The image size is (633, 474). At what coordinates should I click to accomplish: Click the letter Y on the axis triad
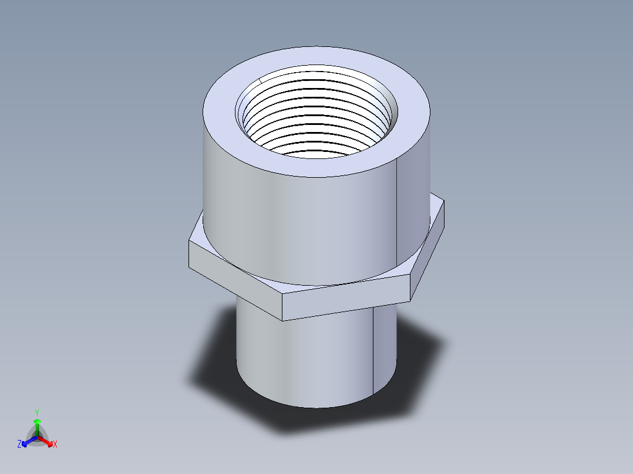click(36, 412)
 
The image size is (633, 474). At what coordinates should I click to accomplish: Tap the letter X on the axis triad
click(55, 445)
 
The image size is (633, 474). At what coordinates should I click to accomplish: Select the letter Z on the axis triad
click(19, 445)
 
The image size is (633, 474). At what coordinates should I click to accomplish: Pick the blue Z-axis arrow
click(27, 441)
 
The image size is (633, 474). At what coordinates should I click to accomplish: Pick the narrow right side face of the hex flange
click(426, 252)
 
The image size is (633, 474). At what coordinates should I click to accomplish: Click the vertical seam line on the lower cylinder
click(373, 352)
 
